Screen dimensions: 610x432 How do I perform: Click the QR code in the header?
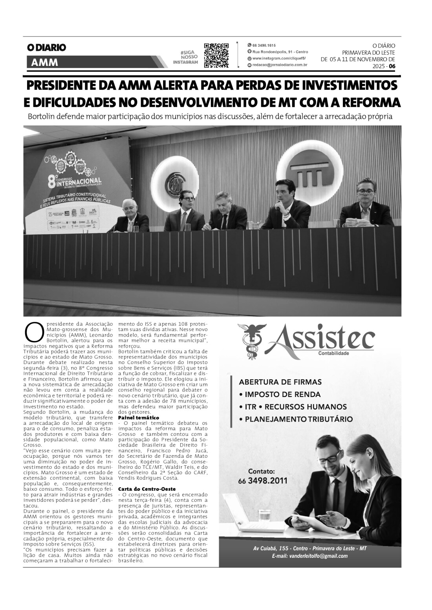click(x=216, y=56)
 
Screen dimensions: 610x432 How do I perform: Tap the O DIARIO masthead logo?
click(x=46, y=47)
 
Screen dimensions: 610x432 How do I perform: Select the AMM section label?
click(x=44, y=62)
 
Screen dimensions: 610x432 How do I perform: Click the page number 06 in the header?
click(x=392, y=66)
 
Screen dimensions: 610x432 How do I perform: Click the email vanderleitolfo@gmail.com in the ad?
click(x=309, y=556)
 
